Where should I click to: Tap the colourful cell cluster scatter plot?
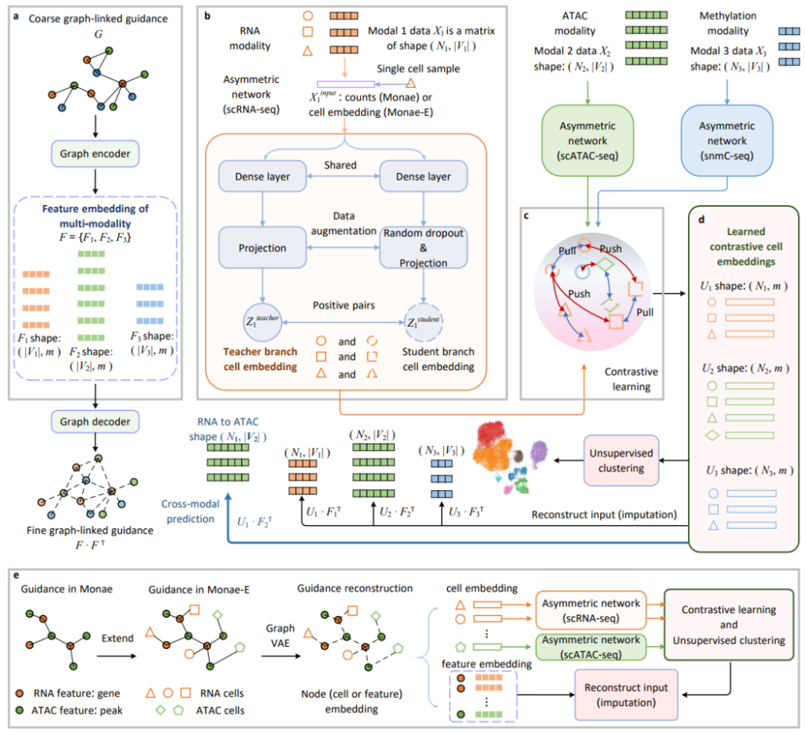[507, 457]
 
